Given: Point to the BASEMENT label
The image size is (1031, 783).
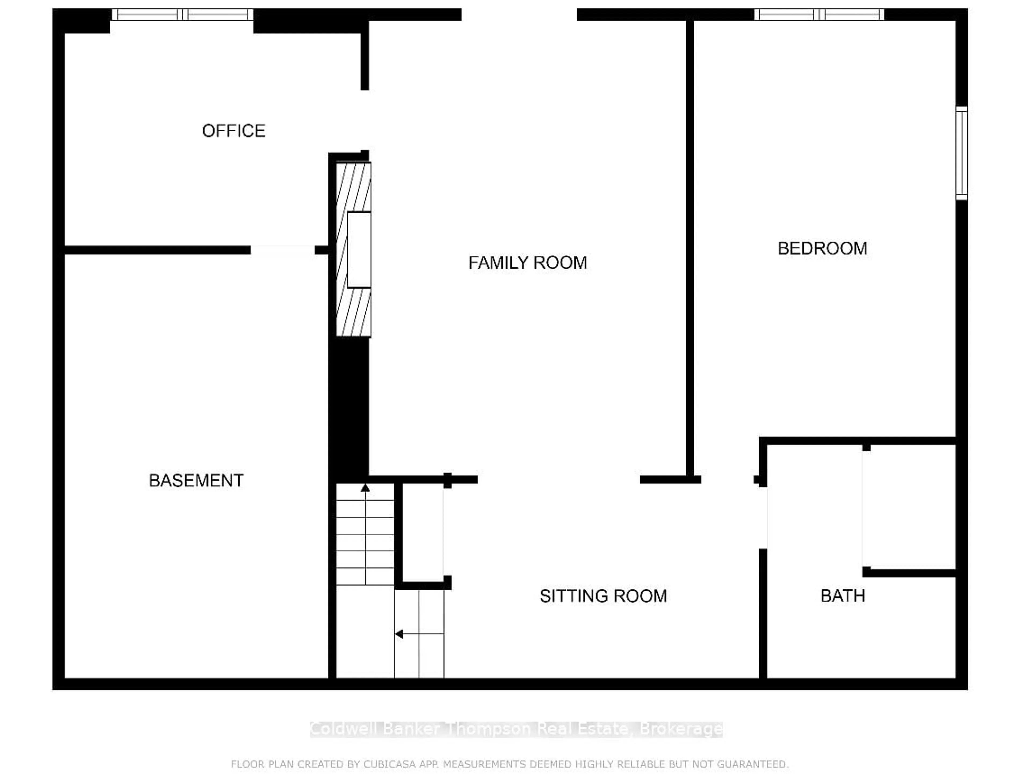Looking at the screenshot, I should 196,481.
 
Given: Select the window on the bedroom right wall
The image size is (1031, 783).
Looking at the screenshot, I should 961,153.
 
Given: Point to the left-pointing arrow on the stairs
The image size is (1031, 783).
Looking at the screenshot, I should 400,634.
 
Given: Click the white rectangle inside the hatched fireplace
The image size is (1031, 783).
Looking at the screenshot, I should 359,250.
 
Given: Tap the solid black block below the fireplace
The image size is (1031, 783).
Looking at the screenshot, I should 349,406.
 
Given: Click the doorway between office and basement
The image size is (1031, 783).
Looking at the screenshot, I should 282,250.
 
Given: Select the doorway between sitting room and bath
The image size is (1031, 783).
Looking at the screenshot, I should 763,518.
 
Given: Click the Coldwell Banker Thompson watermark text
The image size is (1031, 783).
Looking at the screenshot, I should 516,729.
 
